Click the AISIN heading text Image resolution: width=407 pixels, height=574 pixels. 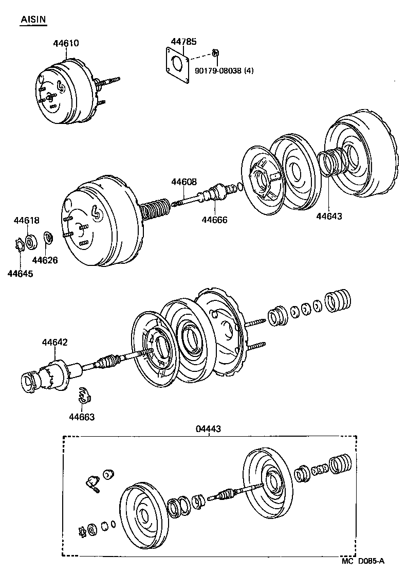click(33, 20)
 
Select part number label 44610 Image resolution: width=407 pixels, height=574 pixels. click(66, 43)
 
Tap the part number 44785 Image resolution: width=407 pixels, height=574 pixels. click(183, 42)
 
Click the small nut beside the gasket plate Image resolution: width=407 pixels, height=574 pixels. click(216, 52)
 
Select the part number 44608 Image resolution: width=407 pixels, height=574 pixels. click(183, 182)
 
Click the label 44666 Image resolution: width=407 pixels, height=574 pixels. click(214, 220)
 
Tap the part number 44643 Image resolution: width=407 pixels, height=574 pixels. click(329, 216)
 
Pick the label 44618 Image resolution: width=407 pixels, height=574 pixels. click(26, 221)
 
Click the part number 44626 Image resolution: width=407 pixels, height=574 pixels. click(45, 260)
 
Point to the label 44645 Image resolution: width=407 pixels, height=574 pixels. click(20, 274)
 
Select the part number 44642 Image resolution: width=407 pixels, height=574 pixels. click(55, 342)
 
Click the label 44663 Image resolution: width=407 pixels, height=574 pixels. click(82, 417)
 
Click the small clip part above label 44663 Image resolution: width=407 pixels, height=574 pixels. click(84, 397)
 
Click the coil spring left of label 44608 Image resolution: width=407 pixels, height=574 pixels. click(154, 211)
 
